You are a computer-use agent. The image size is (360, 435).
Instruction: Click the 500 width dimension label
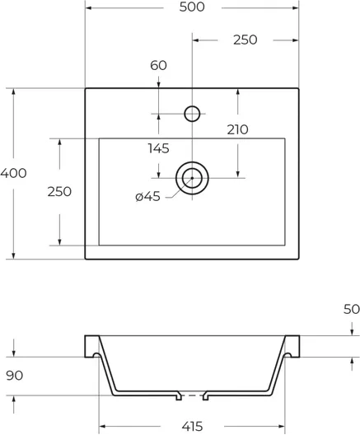(192, 7)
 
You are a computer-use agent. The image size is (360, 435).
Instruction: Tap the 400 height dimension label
(13, 173)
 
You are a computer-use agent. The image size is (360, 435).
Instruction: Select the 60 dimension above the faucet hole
(158, 65)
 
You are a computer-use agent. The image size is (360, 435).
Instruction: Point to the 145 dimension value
(158, 148)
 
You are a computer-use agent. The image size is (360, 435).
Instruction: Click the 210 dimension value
(237, 129)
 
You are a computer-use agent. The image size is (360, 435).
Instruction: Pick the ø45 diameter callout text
(147, 196)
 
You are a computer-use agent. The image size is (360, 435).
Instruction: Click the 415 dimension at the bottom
(192, 426)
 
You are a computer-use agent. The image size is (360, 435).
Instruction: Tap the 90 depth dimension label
(15, 376)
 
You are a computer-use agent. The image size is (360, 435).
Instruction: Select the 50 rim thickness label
(352, 309)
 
